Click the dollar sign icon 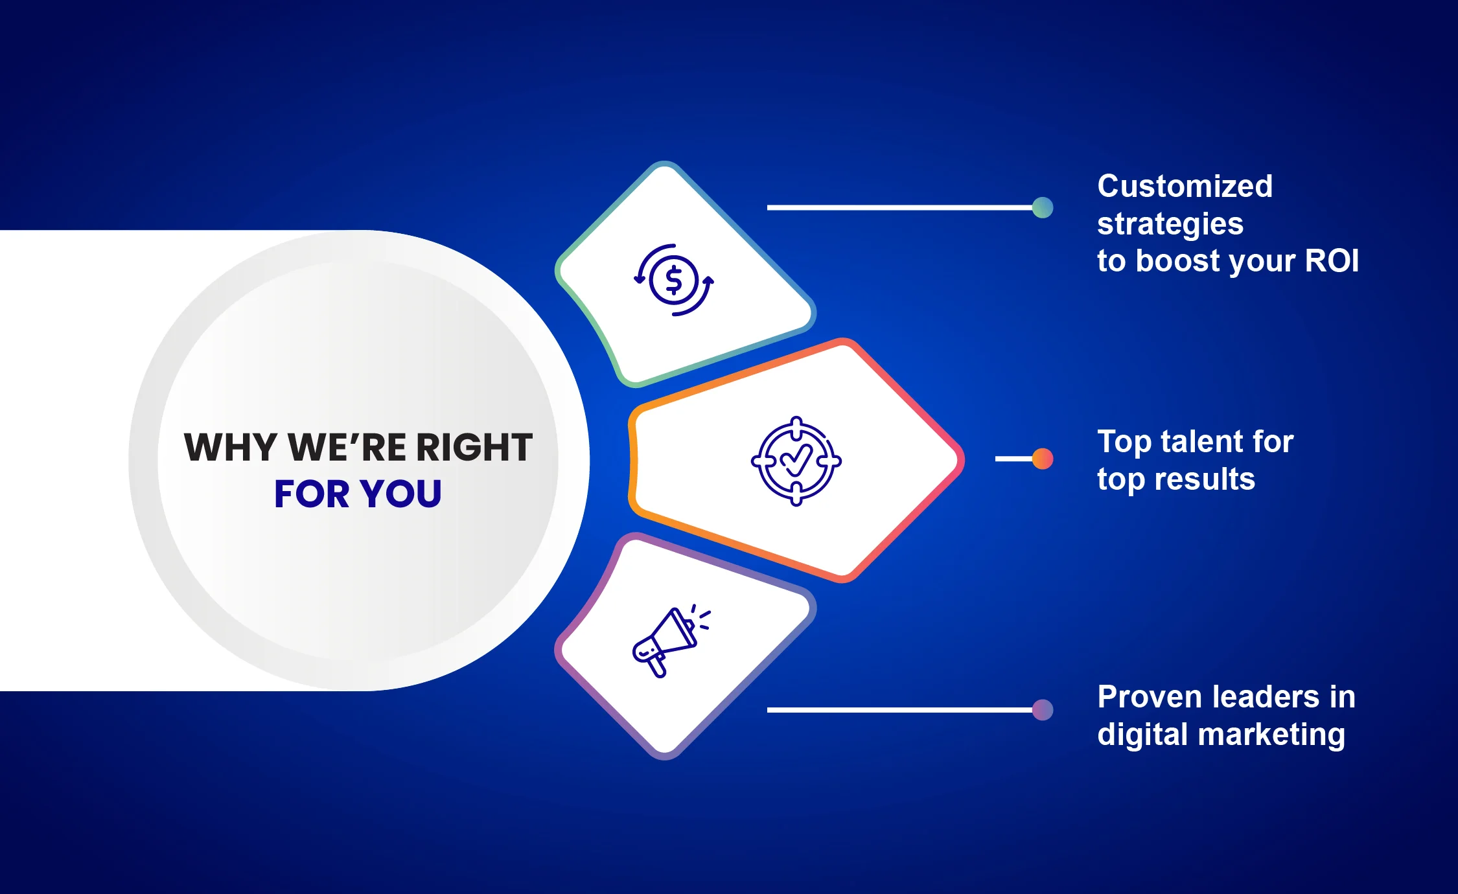(673, 281)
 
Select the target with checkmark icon (796, 461)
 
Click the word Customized (1185, 187)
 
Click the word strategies (1170, 224)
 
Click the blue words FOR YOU (358, 494)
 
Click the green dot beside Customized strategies (1043, 208)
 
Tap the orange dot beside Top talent (1043, 459)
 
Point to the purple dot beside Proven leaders (1043, 710)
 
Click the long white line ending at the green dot (901, 208)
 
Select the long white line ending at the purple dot (901, 710)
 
